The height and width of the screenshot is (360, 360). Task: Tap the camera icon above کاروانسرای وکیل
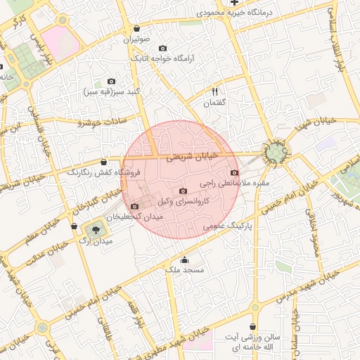[184, 191]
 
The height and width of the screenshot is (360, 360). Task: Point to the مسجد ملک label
[186, 269]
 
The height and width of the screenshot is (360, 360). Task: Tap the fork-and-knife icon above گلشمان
[215, 91]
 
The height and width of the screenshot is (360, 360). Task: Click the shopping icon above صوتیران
[136, 29]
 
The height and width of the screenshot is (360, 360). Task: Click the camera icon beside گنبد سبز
[111, 82]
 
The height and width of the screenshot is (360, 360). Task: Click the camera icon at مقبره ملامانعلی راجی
[234, 173]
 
